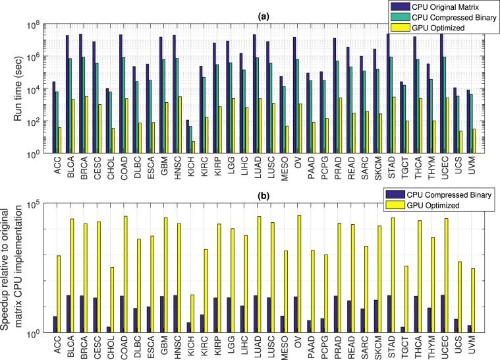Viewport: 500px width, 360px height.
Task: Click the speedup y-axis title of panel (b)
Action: [x=13, y=267]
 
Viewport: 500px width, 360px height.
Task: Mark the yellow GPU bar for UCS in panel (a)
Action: [x=460, y=142]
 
